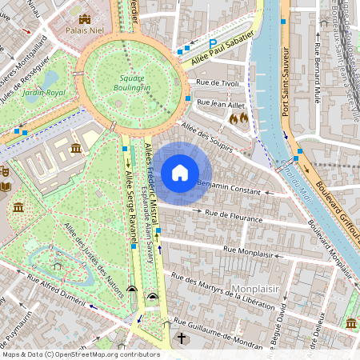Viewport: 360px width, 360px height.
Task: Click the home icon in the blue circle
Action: click(x=180, y=172)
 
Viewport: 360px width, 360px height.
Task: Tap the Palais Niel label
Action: click(x=85, y=33)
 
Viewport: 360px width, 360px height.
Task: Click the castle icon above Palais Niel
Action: click(x=85, y=18)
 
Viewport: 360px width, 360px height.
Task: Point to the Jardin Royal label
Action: click(x=43, y=93)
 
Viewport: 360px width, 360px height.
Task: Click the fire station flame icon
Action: click(x=238, y=118)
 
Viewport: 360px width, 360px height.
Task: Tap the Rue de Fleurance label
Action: click(x=234, y=216)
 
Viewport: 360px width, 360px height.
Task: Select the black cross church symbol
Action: click(x=182, y=338)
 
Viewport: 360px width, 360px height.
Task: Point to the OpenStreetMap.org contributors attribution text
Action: click(x=109, y=354)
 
